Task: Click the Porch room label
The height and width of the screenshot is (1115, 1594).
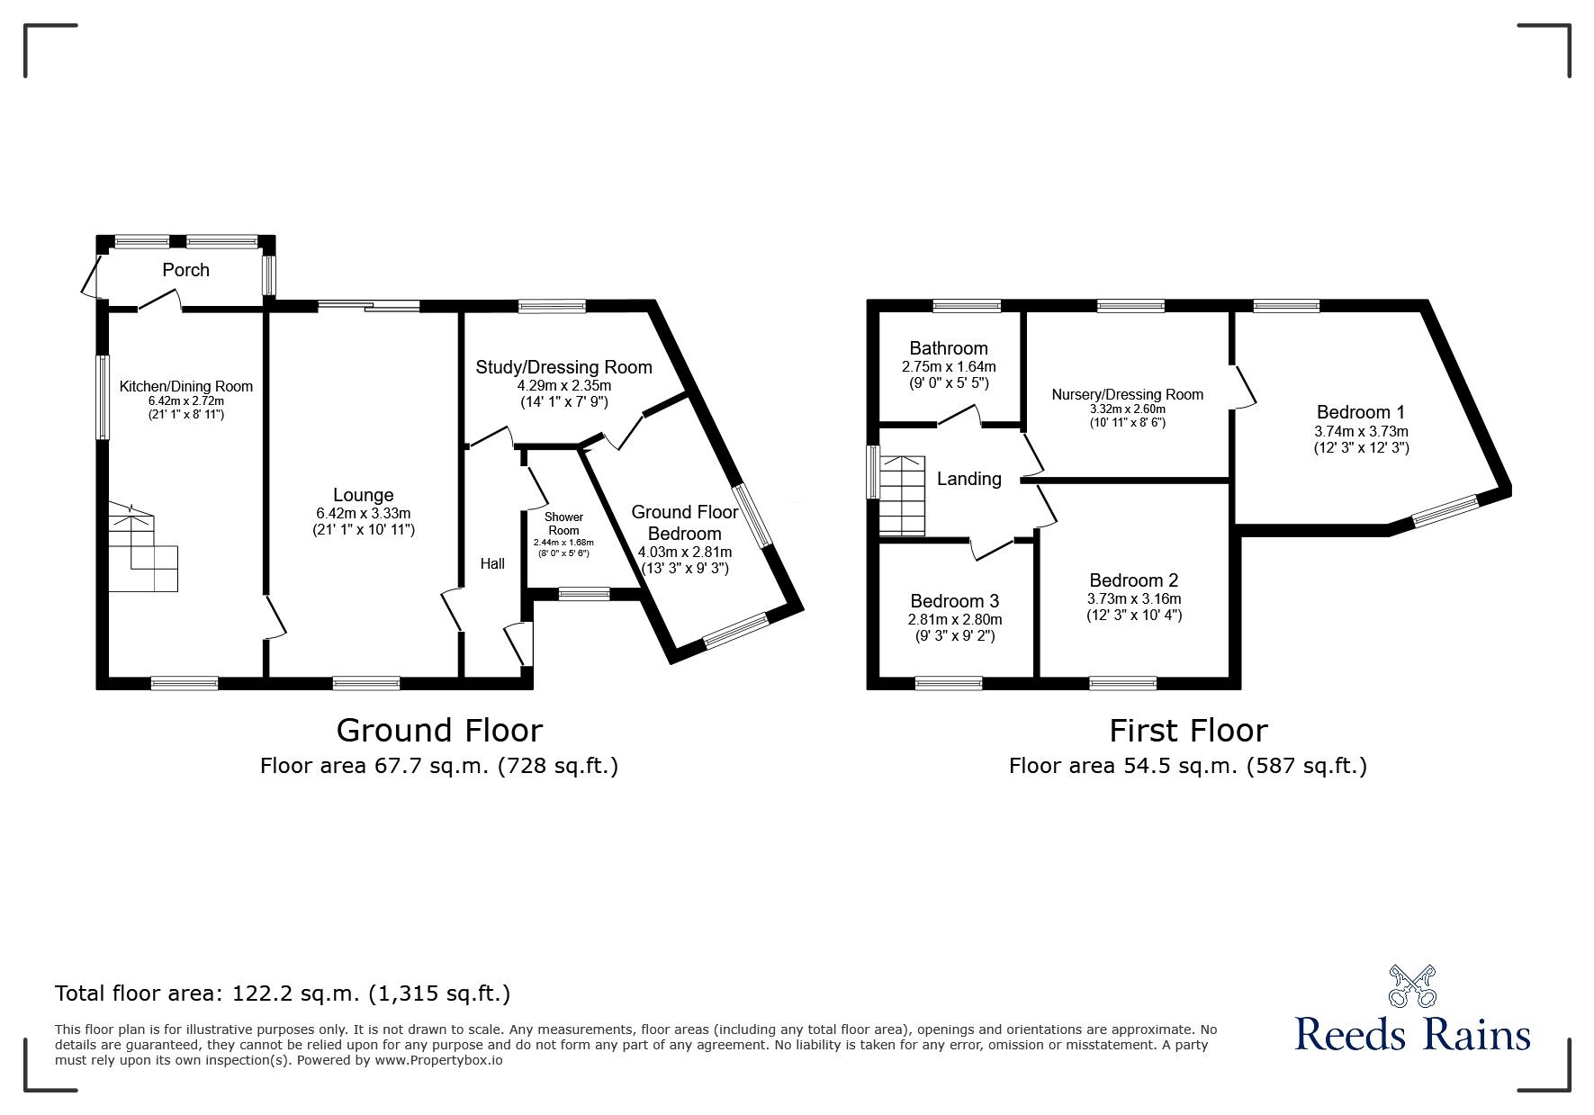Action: tap(185, 270)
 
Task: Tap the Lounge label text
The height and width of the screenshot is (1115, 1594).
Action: tap(363, 495)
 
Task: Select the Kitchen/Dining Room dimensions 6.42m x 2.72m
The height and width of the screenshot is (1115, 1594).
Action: tap(186, 401)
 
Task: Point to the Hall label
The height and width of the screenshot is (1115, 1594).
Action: tap(492, 563)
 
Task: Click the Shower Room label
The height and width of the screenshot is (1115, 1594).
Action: tap(564, 524)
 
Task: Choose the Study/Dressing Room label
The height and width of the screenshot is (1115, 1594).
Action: tap(564, 367)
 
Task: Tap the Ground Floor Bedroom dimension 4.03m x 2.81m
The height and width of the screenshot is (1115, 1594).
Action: tap(685, 552)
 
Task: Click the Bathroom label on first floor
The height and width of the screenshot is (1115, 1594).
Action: tap(949, 348)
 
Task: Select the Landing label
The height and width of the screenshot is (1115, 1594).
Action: tap(969, 479)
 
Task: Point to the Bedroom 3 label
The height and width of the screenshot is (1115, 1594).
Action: tap(955, 601)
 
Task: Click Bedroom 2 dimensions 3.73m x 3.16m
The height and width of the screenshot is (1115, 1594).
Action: tap(1134, 598)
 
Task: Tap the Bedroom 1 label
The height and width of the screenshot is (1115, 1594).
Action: tap(1361, 412)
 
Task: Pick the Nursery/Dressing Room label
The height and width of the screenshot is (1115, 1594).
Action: tap(1128, 394)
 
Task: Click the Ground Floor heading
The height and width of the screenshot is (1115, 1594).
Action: tap(439, 730)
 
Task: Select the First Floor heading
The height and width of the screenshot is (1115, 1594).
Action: tap(1188, 730)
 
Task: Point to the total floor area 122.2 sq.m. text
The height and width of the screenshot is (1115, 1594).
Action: tap(283, 994)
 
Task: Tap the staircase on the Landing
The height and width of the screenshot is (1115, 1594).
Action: tap(902, 496)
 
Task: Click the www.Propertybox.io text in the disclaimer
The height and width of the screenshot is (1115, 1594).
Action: tap(438, 1060)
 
